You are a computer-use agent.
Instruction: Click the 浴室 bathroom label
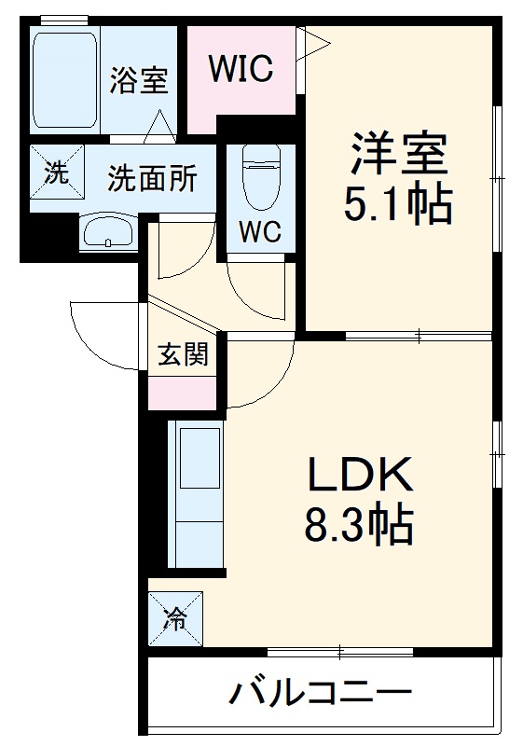tap(139, 81)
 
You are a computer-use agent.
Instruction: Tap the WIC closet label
tap(240, 67)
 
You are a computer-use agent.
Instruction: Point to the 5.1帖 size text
tap(398, 204)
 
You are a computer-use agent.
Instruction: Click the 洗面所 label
tap(151, 178)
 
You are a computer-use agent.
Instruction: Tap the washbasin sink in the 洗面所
tap(109, 232)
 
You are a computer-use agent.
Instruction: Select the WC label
tap(261, 232)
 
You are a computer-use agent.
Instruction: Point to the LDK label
tap(360, 477)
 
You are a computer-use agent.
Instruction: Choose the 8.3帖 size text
tap(360, 526)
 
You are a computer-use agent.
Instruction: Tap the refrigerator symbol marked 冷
tap(174, 616)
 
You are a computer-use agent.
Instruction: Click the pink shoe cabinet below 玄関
tap(183, 393)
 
